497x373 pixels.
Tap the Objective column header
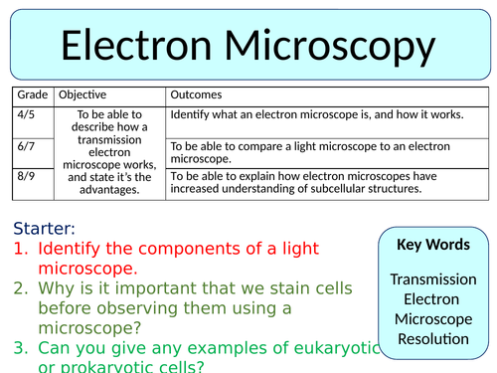(83, 94)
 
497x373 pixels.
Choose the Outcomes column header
(198, 94)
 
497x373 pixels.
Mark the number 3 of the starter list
(19, 349)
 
